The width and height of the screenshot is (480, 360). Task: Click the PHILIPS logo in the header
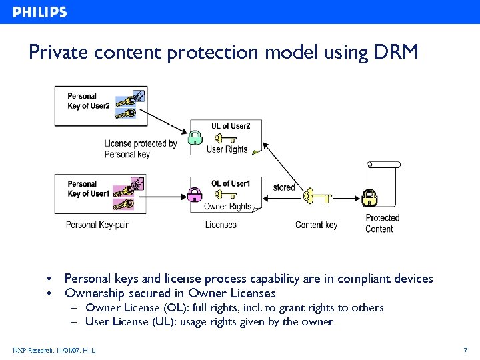click(40, 12)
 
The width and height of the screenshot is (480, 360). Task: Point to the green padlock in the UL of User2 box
click(195, 139)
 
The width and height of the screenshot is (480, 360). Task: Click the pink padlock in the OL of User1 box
click(195, 195)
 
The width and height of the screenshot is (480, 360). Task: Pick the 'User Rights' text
click(227, 149)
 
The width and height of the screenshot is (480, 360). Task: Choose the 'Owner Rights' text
click(227, 207)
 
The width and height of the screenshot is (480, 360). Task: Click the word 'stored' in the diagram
click(283, 187)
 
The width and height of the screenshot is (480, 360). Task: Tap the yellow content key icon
click(316, 197)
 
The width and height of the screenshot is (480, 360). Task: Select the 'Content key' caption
click(316, 225)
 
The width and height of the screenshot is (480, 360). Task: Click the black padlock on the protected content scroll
click(369, 197)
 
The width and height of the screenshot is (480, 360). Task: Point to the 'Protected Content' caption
click(381, 223)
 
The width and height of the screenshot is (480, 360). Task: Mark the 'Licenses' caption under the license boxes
click(220, 225)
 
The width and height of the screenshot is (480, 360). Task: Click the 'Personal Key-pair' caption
click(97, 225)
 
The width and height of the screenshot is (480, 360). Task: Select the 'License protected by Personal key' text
click(140, 149)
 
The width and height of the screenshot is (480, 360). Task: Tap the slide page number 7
click(465, 350)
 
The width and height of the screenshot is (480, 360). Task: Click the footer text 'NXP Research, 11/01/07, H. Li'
click(54, 350)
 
